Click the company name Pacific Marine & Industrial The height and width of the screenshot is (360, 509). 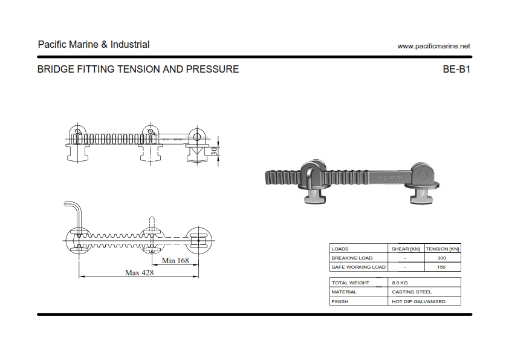coord(94,45)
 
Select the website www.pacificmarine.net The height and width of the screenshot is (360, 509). coord(433,46)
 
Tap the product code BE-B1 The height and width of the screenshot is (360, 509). coord(456,70)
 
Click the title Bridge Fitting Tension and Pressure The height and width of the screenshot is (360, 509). coord(138,70)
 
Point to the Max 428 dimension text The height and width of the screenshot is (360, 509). coord(139,273)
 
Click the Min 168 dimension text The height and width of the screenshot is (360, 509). coord(175,261)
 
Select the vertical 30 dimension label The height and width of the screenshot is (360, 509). coord(214,151)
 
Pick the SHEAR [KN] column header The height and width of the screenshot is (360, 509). coord(406,249)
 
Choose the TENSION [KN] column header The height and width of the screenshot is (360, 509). coord(443,249)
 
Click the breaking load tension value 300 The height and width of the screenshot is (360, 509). coord(442,258)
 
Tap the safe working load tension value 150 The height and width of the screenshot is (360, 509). coord(442,267)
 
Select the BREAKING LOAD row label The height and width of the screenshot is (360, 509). coord(352,258)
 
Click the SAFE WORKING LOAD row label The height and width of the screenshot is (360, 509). coord(358,267)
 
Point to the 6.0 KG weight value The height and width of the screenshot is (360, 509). coord(400,283)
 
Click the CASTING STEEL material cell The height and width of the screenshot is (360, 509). coord(412,292)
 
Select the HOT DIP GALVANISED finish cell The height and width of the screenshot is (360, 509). coord(418,301)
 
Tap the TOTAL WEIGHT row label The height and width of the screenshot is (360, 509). coord(350,283)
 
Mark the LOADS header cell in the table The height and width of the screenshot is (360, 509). coord(340,249)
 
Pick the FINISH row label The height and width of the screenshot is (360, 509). coord(340,301)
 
